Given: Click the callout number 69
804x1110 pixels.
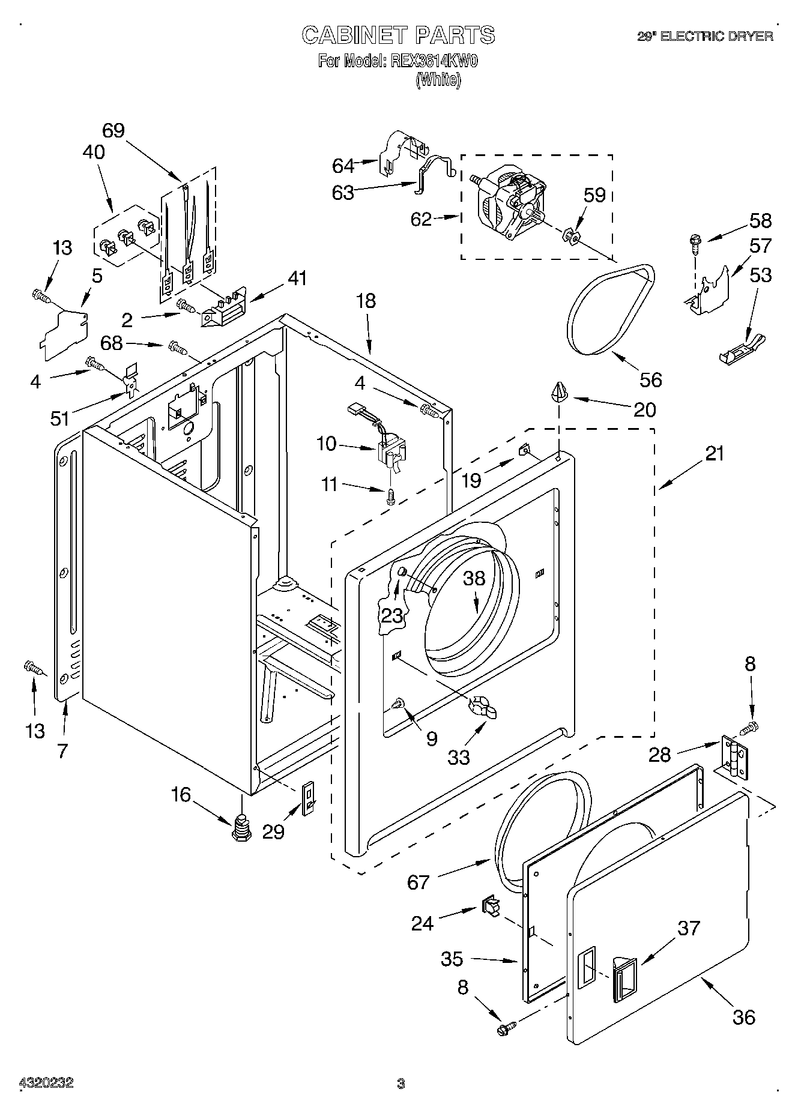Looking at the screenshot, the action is point(113,130).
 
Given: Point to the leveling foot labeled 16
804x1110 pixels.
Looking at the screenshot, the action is point(241,828).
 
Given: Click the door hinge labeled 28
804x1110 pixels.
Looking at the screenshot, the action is point(734,757).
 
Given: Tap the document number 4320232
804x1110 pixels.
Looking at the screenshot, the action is point(46,1083).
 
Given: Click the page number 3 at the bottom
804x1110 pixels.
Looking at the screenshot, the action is point(401,1084).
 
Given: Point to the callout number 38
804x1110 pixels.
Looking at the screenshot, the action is point(474,578).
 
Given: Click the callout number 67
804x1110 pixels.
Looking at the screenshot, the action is point(419,882).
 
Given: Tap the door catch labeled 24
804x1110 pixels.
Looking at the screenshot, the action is point(490,906).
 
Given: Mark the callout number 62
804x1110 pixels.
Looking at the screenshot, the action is point(421,219).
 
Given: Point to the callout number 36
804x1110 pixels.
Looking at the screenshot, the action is point(743,1017).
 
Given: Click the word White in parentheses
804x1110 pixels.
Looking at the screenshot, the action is point(438,79).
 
